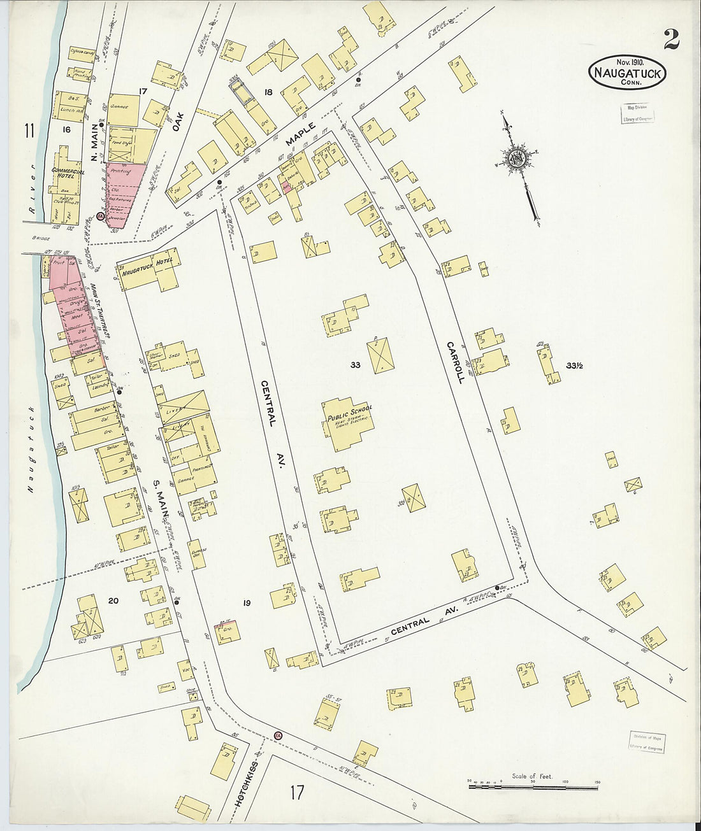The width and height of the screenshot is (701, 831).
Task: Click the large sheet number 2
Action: tap(671, 39)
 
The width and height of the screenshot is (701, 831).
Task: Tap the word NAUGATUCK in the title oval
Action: tap(628, 72)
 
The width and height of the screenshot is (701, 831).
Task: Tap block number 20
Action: tap(113, 601)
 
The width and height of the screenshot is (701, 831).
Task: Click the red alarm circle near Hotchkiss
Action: tap(278, 735)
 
